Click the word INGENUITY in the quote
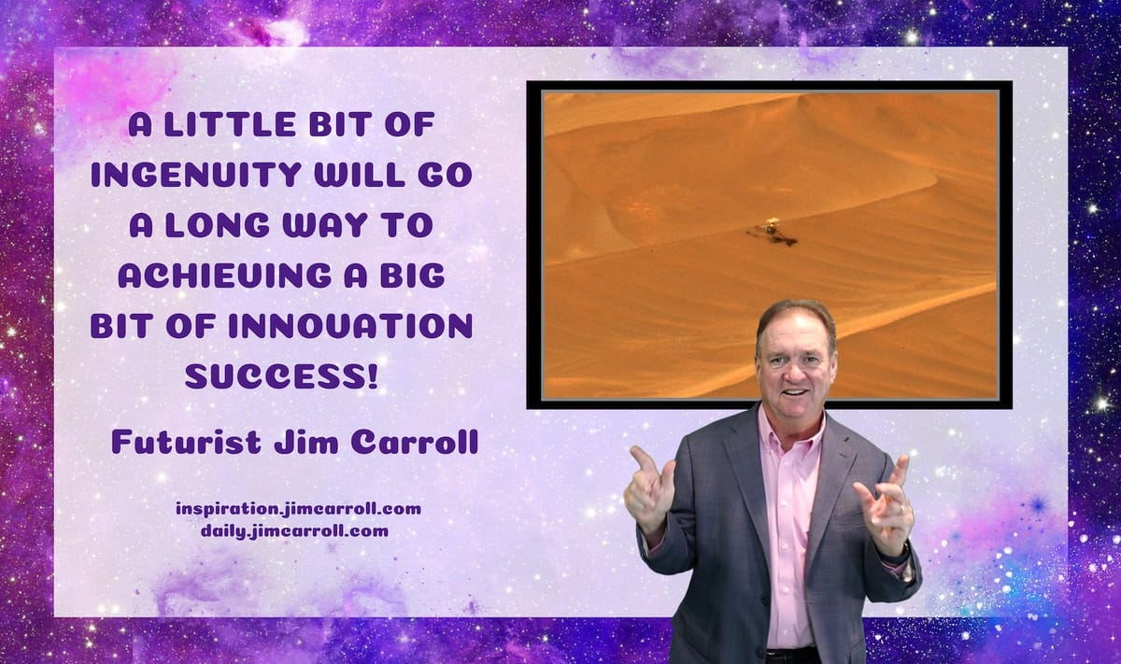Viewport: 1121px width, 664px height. pos(196,175)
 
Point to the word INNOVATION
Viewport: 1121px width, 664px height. pos(350,326)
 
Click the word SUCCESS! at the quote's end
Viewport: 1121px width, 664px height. pos(281,376)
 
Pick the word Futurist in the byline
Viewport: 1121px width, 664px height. pos(187,442)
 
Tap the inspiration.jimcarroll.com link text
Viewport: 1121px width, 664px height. pos(298,509)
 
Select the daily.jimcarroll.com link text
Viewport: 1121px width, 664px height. pos(295,530)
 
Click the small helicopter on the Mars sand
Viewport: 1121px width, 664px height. pos(773,233)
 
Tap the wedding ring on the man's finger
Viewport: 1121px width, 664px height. pos(901,508)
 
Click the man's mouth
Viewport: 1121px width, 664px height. pos(795,393)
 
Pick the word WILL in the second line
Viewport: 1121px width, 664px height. pos(359,175)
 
